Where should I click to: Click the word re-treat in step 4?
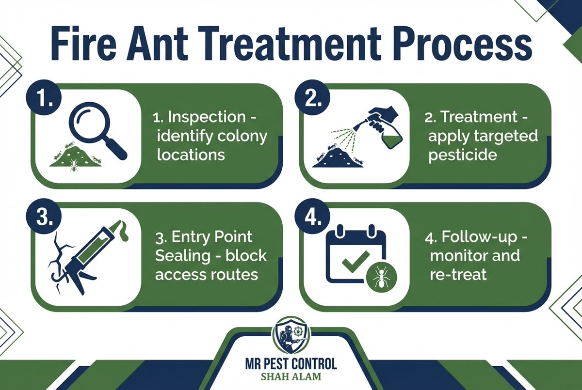tap(457, 274)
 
